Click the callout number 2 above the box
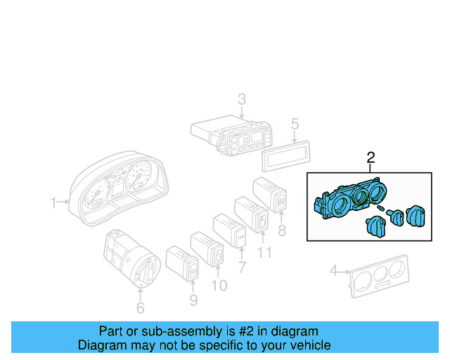[371, 158]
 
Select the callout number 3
[241, 98]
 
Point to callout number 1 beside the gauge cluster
[53, 203]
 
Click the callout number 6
[140, 307]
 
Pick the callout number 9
[193, 300]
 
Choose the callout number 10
[219, 285]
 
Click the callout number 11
[264, 251]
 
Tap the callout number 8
[282, 230]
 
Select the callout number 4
[334, 269]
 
